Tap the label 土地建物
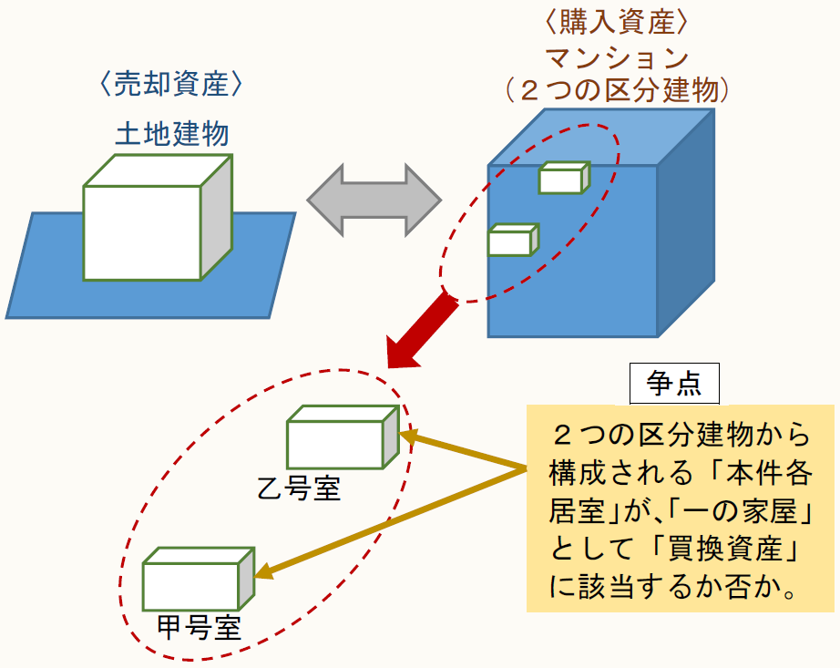click(171, 134)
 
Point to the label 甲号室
click(199, 629)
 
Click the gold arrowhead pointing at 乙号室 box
click(408, 437)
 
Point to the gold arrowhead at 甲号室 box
click(263, 571)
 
